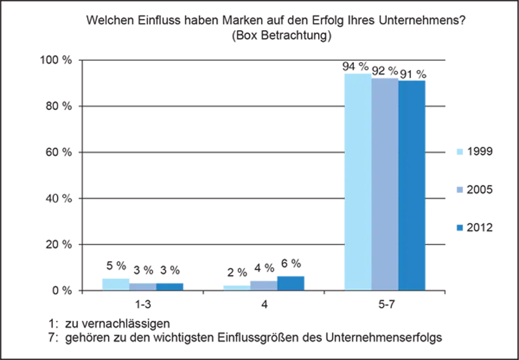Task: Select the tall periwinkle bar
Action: click(385, 183)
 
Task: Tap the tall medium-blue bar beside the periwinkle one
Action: click(412, 183)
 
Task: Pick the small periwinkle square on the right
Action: click(461, 189)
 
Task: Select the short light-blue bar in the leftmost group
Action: click(114, 283)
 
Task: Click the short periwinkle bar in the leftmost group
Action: click(143, 286)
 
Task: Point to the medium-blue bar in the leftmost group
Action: click(171, 286)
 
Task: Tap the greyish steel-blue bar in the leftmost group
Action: click(204, 285)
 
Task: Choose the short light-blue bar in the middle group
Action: click(234, 283)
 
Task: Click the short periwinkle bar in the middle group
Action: click(263, 284)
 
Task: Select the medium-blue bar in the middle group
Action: click(308, 280)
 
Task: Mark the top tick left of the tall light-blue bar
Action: click(342, 107)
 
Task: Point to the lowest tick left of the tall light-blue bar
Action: click(342, 244)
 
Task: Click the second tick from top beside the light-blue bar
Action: click(342, 153)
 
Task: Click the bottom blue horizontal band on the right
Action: click(471, 269)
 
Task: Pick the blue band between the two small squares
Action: click(471, 172)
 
